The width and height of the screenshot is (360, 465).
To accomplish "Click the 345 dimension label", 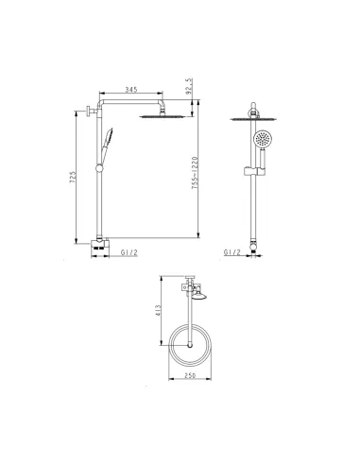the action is [131, 90].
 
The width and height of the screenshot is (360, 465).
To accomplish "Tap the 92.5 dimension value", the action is [189, 87].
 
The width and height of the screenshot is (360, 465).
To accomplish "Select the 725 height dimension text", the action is [73, 178].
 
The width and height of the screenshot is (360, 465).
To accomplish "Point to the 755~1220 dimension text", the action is [196, 173].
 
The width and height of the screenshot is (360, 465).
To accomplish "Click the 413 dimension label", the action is [158, 310].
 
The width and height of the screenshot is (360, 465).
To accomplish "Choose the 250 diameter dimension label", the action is [190, 375].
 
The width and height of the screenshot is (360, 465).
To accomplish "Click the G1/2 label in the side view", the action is [129, 252].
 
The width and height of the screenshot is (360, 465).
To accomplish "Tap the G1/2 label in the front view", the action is [232, 252].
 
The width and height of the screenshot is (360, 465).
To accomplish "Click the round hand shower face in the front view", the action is [262, 138].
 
